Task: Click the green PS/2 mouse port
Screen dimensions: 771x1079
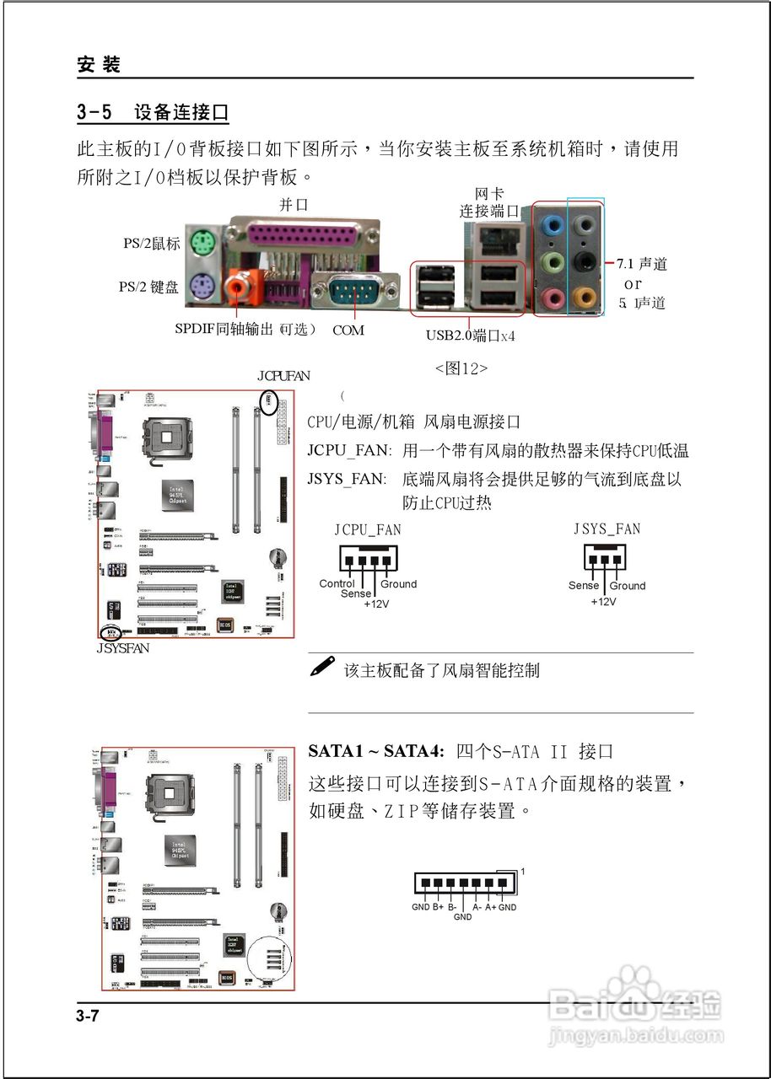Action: pos(201,244)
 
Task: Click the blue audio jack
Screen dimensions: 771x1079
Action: pos(551,225)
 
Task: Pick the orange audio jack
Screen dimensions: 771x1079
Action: pos(582,297)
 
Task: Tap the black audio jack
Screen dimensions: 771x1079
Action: pos(582,261)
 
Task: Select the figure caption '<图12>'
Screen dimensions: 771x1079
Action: pos(461,368)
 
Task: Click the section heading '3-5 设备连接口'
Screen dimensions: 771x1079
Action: pos(153,112)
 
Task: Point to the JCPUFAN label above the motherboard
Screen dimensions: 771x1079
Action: pos(283,376)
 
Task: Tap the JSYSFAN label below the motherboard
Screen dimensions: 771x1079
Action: pos(123,648)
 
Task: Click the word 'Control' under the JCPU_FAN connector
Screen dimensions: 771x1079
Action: pos(337,583)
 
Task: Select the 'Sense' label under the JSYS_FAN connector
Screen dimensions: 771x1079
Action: pos(583,585)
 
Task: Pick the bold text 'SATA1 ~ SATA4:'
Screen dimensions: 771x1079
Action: pos(376,751)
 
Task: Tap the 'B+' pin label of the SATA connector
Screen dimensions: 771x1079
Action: pos(439,907)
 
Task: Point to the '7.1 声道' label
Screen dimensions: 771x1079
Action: pos(643,265)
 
